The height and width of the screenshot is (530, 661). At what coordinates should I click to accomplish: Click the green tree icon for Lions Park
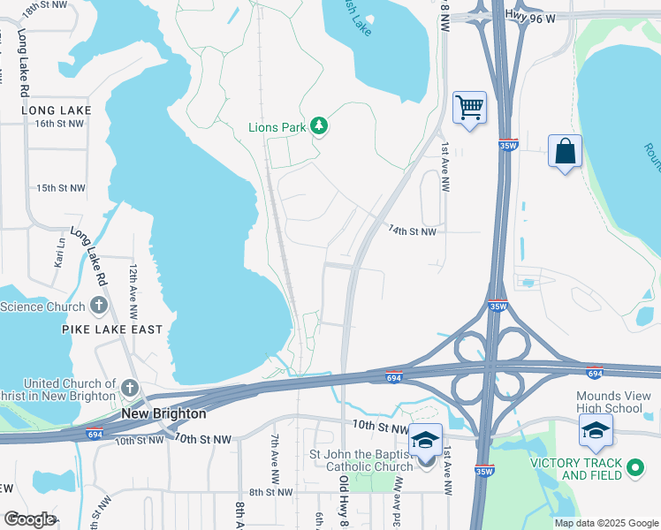click(319, 127)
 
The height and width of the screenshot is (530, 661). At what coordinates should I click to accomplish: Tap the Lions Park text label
click(277, 127)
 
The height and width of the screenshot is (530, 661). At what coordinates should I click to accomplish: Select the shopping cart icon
click(469, 108)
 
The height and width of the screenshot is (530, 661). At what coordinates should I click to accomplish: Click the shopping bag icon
click(565, 151)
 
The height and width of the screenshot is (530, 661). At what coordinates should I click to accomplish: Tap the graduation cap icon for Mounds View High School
click(596, 431)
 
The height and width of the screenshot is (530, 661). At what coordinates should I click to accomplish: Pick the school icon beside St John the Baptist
click(425, 440)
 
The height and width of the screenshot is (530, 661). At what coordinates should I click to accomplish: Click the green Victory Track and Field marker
click(634, 469)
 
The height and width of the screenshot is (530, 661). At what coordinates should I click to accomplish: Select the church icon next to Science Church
click(98, 307)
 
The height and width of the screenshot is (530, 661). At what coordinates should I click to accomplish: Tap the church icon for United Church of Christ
click(130, 388)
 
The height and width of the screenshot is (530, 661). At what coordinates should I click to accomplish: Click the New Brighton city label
click(163, 413)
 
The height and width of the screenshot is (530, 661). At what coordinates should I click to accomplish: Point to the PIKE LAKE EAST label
click(112, 329)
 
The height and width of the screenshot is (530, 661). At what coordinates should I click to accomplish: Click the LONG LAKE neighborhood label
click(57, 110)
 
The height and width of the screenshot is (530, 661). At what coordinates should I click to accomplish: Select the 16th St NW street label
click(60, 124)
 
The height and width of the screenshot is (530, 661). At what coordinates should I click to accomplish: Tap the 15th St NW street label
click(61, 188)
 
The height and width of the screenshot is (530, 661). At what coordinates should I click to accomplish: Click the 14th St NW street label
click(413, 231)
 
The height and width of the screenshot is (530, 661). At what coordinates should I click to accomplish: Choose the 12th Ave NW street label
click(133, 291)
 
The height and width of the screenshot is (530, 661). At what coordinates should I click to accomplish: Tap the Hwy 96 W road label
click(530, 15)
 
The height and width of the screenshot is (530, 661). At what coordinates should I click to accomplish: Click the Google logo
click(29, 519)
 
